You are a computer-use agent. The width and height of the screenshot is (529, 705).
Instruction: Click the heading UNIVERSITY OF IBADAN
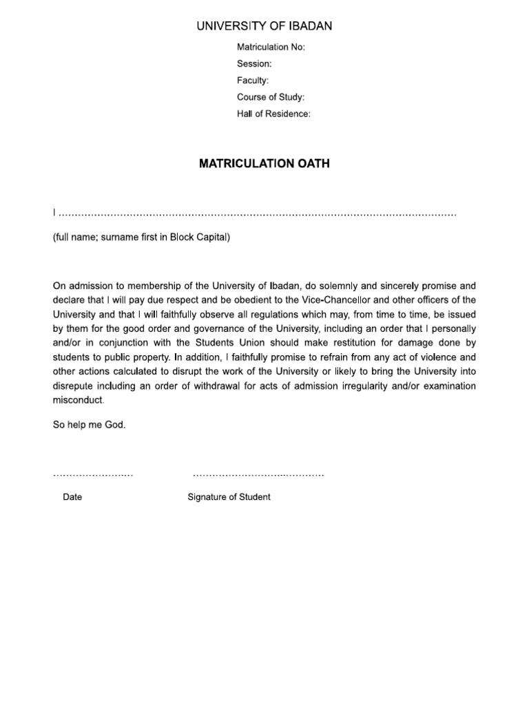(264, 26)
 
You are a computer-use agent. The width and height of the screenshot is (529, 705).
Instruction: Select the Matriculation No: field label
(271, 47)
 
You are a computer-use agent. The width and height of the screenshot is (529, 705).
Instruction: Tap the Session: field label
(254, 63)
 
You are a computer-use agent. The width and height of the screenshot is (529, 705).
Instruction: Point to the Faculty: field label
(253, 81)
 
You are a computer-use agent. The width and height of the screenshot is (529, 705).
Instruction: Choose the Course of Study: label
(271, 97)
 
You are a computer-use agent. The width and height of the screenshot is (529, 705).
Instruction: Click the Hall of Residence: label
(273, 114)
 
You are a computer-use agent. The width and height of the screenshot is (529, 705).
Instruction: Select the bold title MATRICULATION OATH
(264, 164)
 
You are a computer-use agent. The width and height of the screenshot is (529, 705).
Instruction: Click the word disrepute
(74, 386)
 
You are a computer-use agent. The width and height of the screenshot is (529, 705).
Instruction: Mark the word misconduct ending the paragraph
(79, 401)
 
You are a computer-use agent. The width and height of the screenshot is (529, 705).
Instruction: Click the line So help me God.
(90, 425)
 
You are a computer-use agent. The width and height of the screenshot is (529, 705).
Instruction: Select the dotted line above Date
(92, 475)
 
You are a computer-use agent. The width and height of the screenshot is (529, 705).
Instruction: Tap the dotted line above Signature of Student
(258, 475)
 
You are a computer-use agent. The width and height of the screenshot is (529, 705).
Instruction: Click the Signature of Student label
(229, 497)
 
